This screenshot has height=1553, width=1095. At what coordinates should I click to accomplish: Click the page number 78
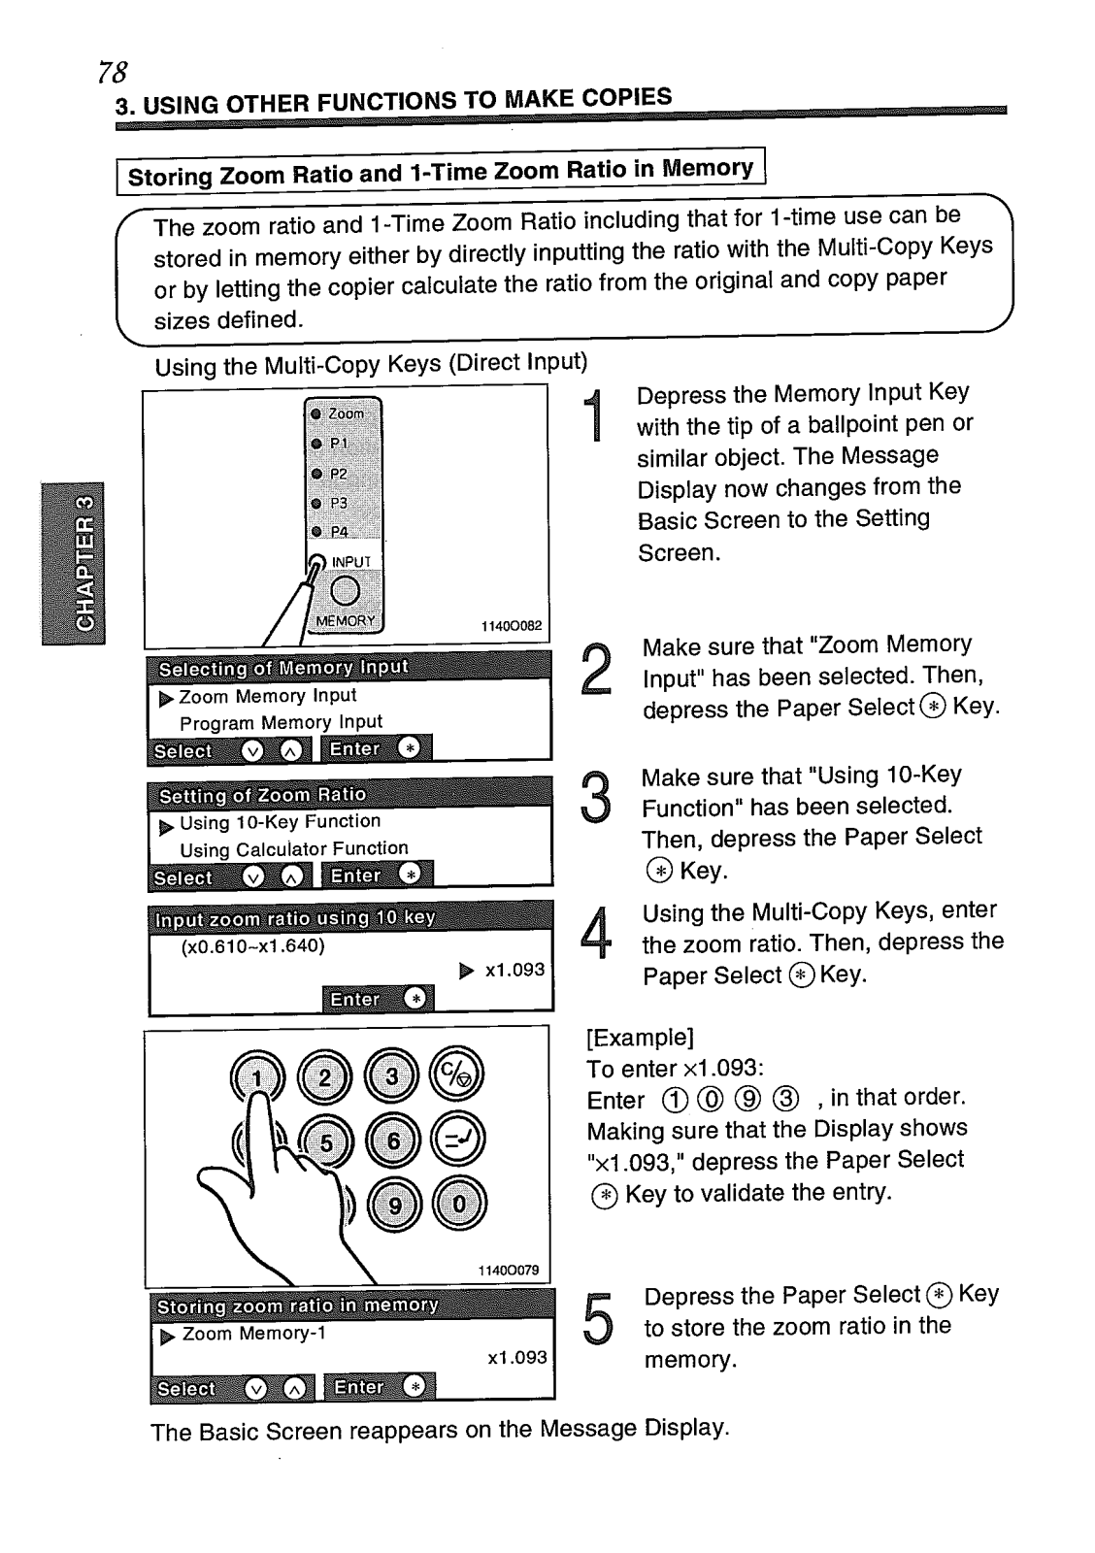click(x=113, y=72)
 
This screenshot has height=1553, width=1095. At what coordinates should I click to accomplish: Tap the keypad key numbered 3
click(x=391, y=1076)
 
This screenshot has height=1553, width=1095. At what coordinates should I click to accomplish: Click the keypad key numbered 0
click(x=458, y=1205)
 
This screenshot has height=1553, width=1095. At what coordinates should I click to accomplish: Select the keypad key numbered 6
click(x=392, y=1141)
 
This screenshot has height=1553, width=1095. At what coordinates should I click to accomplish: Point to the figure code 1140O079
click(x=508, y=1271)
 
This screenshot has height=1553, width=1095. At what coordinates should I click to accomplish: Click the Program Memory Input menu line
click(x=281, y=722)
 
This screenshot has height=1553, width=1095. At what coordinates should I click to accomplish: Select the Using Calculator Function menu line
click(x=293, y=849)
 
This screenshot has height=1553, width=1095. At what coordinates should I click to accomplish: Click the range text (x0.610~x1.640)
click(x=252, y=945)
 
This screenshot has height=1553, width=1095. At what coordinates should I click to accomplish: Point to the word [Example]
click(x=640, y=1038)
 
